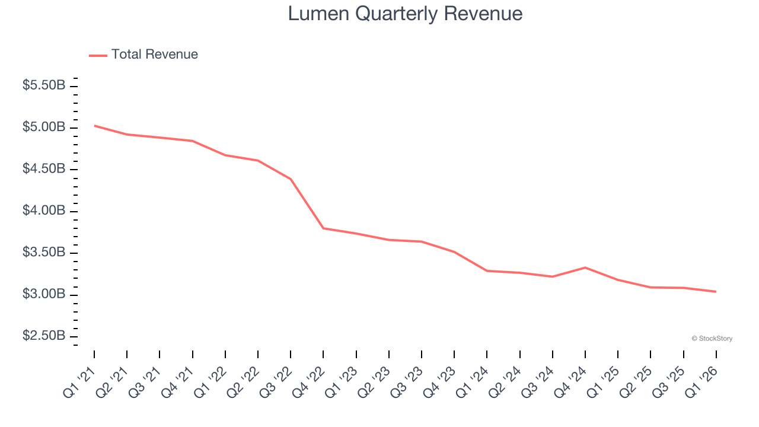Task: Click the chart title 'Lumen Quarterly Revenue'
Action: pyautogui.click(x=405, y=14)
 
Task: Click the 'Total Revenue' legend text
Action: pyautogui.click(x=154, y=55)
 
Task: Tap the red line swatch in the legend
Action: pyautogui.click(x=98, y=55)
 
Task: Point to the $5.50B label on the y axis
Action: pyautogui.click(x=44, y=85)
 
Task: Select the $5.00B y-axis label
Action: pyautogui.click(x=44, y=128)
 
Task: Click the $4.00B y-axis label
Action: pyautogui.click(x=44, y=211)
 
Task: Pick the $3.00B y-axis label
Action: pyautogui.click(x=44, y=295)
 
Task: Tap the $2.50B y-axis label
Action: pyautogui.click(x=44, y=336)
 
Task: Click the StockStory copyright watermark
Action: pyautogui.click(x=712, y=339)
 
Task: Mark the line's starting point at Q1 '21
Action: pyautogui.click(x=94, y=126)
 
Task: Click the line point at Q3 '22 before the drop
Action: pyautogui.click(x=291, y=179)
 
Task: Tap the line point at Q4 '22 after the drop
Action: pyautogui.click(x=323, y=228)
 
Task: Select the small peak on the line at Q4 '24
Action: pyautogui.click(x=585, y=267)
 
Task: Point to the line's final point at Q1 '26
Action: pyautogui.click(x=716, y=291)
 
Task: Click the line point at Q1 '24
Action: pyautogui.click(x=487, y=271)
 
